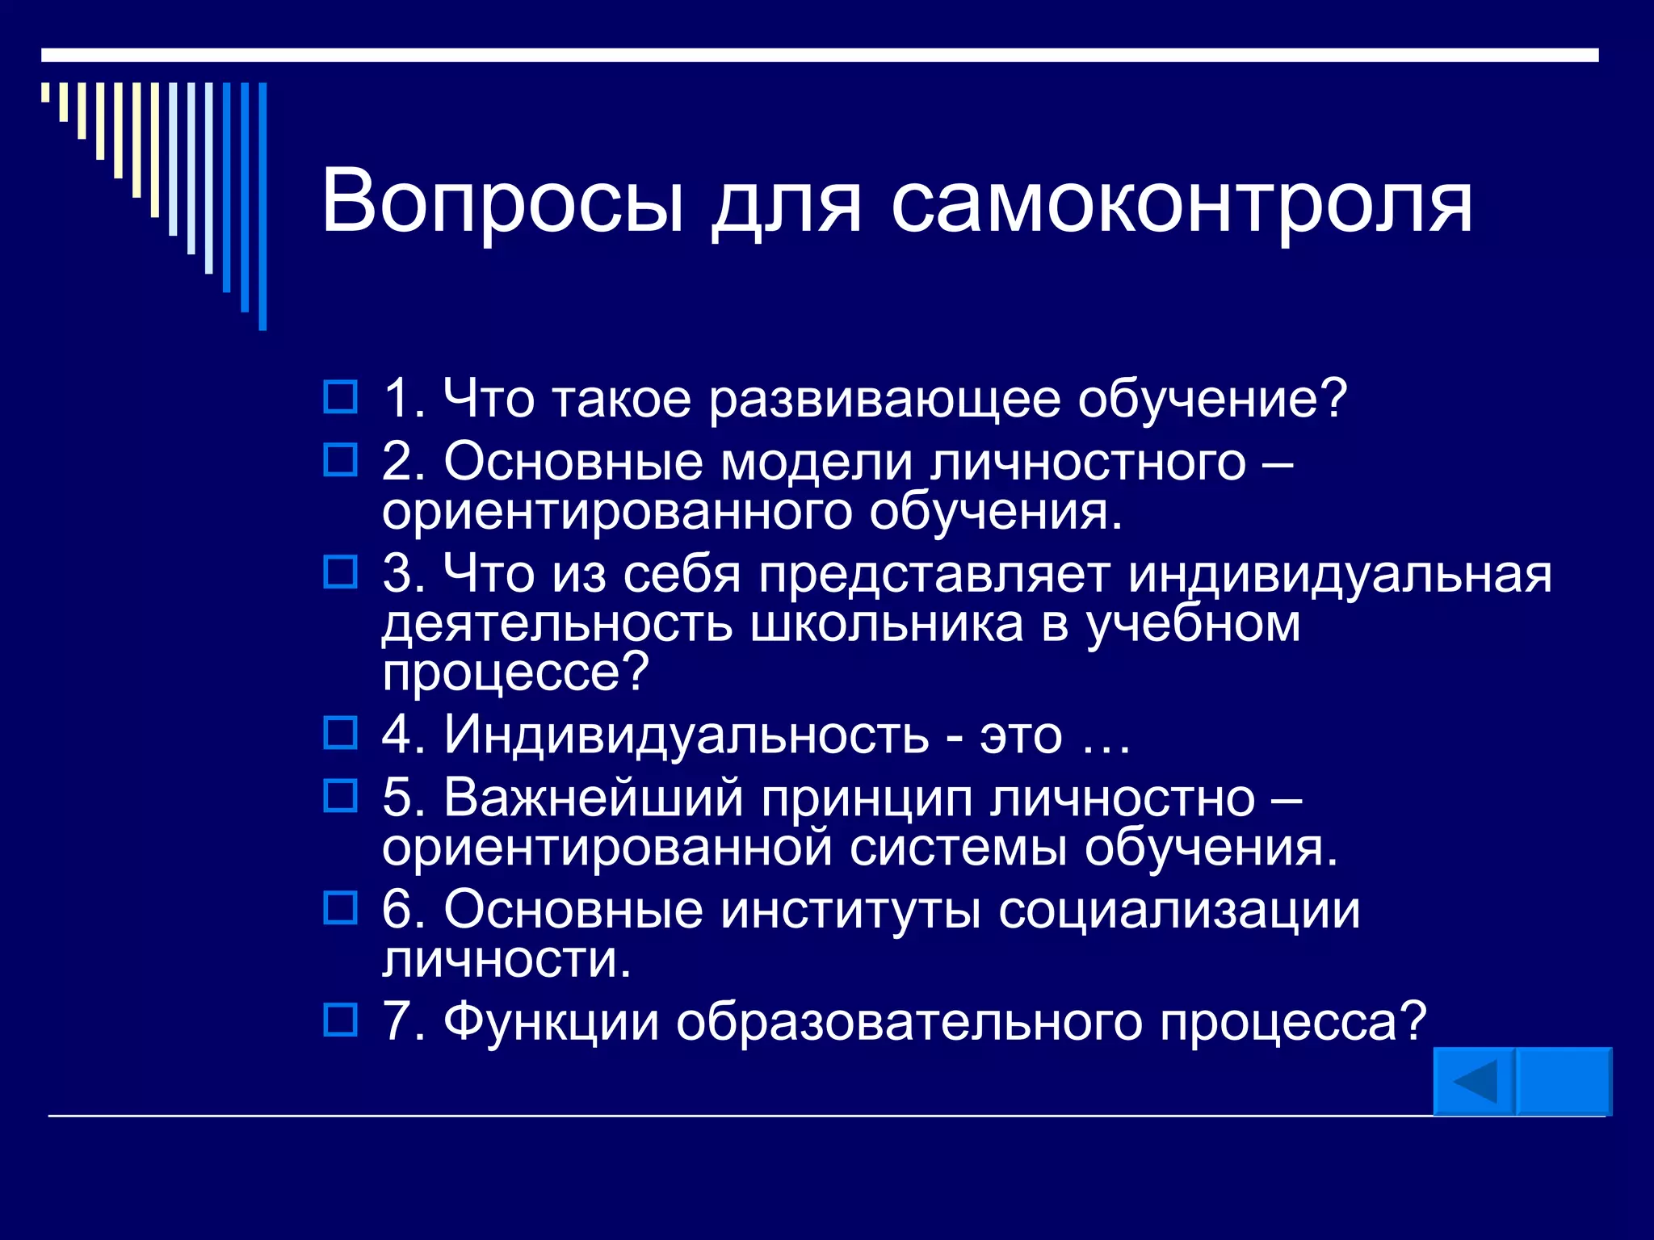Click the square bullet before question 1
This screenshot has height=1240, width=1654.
340,397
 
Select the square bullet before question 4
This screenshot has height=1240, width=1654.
340,733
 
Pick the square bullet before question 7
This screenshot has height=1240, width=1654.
340,1020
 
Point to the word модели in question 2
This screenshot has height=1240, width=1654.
816,462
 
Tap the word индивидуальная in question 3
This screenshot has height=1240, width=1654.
1339,574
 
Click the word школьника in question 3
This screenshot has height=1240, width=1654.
886,623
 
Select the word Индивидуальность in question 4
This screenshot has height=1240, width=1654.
686,734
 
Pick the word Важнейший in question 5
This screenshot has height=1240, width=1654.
593,798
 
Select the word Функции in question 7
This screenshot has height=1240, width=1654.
551,1021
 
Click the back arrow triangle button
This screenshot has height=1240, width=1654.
1474,1082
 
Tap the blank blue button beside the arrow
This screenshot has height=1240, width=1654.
1564,1082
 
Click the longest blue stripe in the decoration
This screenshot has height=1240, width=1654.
262,206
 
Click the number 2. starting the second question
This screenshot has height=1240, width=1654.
403,462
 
